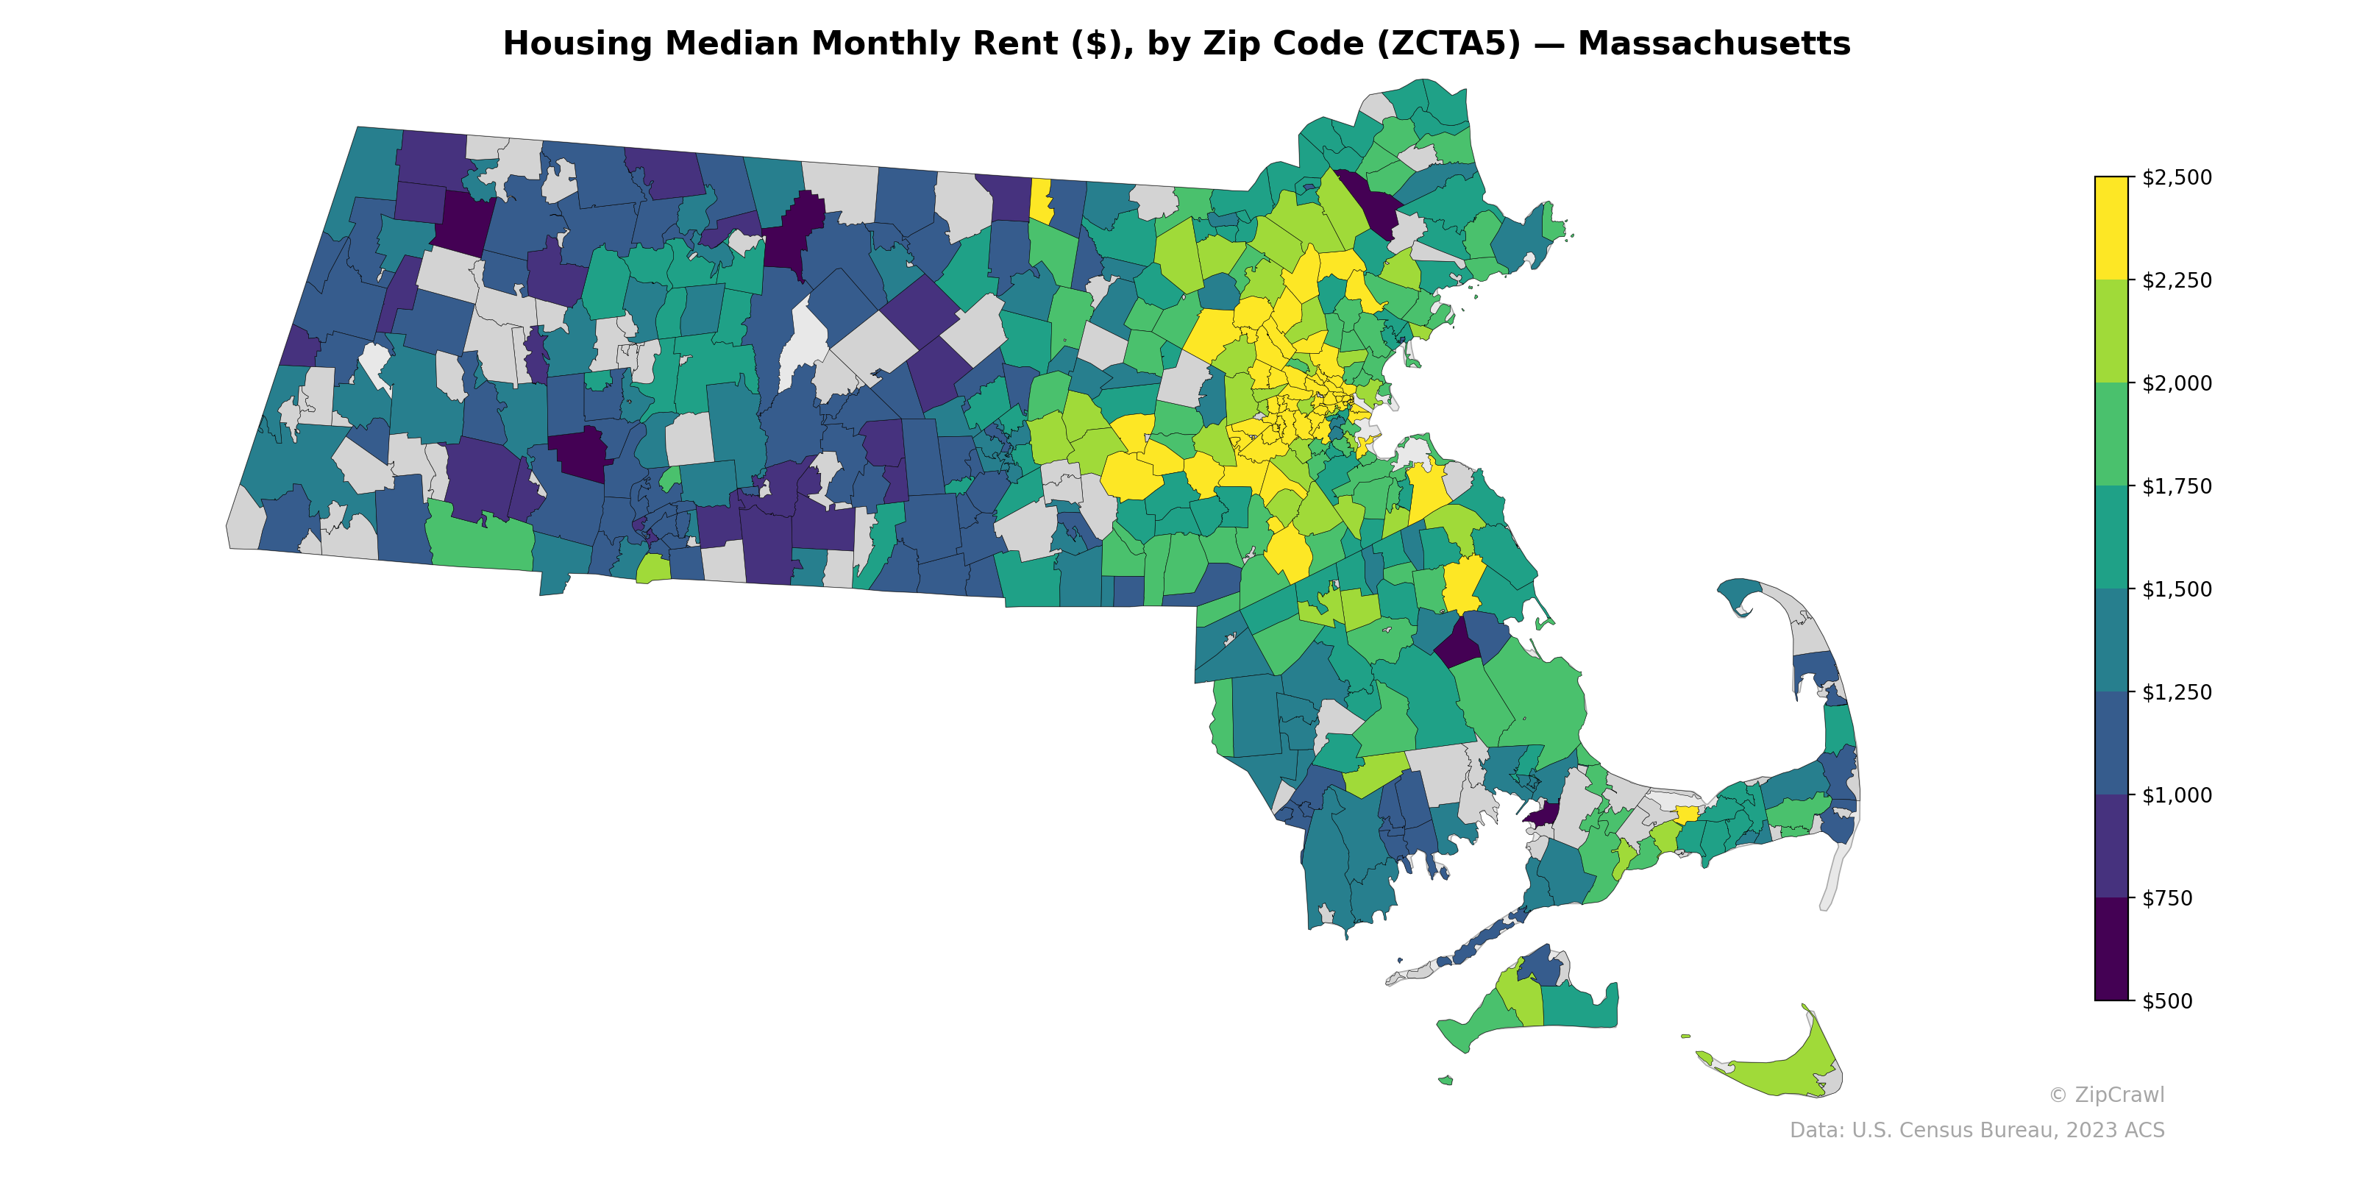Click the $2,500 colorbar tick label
pyautogui.click(x=2177, y=177)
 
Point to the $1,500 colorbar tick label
pyautogui.click(x=2177, y=589)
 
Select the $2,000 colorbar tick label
pyautogui.click(x=2177, y=383)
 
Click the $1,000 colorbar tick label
pyautogui.click(x=2177, y=795)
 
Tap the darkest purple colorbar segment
pyautogui.click(x=2111, y=948)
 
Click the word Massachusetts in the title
pyautogui.click(x=1713, y=44)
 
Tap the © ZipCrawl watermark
pyautogui.click(x=2106, y=1095)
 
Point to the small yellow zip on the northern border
pyautogui.click(x=1040, y=199)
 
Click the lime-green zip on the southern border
pyautogui.click(x=652, y=569)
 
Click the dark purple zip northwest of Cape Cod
pyautogui.click(x=1543, y=814)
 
